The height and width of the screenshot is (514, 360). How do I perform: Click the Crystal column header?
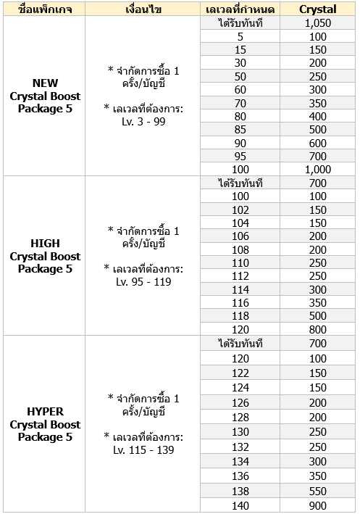[317, 9]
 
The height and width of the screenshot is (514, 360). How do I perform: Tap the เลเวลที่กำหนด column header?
[240, 9]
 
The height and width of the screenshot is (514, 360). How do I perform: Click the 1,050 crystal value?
[317, 23]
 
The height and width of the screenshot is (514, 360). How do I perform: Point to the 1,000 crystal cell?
[317, 169]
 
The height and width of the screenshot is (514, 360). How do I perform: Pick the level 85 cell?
[240, 130]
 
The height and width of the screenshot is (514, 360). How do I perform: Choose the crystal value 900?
[317, 505]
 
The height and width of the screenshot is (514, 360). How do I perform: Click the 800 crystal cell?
[317, 329]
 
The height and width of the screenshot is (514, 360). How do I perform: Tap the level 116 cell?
[240, 302]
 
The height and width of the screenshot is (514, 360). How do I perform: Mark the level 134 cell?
[240, 462]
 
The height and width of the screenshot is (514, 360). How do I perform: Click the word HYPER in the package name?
[45, 411]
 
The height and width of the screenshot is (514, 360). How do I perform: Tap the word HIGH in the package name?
[45, 244]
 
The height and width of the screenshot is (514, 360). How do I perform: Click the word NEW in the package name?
[45, 83]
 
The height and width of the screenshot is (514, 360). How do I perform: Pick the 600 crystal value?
[317, 143]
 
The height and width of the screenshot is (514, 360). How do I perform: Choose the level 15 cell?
[240, 49]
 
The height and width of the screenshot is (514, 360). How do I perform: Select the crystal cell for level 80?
[317, 116]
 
